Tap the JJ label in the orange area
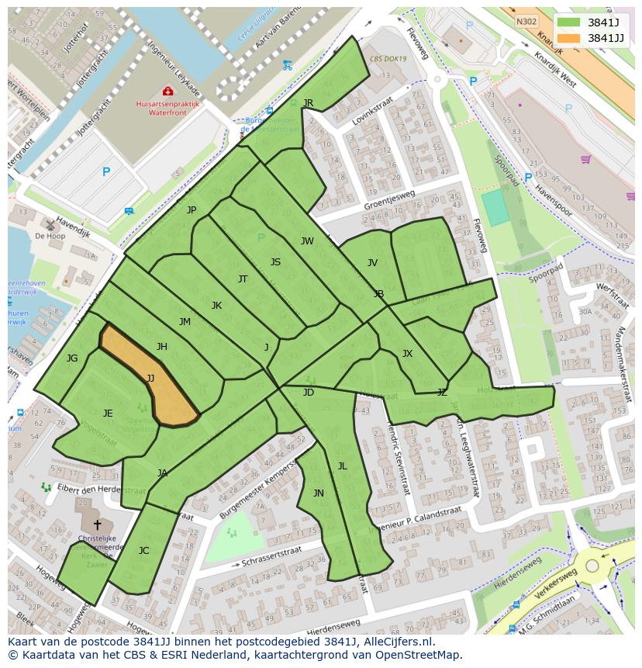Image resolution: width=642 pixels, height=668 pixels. click(150, 379)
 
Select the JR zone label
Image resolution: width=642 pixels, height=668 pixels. click(308, 103)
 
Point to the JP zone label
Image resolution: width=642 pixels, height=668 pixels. click(192, 210)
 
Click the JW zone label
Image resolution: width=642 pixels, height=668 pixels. click(307, 241)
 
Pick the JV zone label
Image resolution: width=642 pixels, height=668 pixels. click(372, 263)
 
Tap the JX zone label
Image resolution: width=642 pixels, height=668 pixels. click(407, 354)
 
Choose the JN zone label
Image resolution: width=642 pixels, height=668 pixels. click(318, 493)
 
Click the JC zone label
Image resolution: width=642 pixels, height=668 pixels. click(143, 551)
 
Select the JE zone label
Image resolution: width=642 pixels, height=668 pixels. click(108, 414)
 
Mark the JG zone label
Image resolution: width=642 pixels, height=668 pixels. click(72, 358)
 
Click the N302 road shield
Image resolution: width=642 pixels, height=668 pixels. click(526, 22)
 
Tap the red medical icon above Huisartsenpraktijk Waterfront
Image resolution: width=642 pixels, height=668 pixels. click(168, 92)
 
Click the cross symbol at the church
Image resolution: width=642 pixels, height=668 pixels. click(97, 525)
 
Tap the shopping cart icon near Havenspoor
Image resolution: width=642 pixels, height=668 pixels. click(585, 160)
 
